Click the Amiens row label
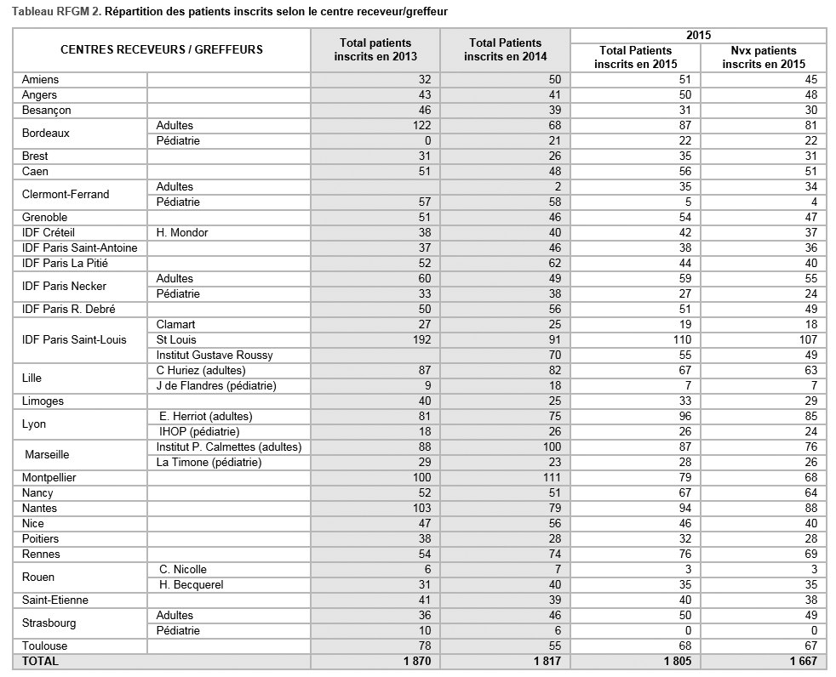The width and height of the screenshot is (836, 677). point(40,79)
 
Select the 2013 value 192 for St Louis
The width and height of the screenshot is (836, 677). point(421,339)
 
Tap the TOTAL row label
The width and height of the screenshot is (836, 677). point(40,661)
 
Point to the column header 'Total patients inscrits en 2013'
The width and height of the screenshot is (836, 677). point(375,49)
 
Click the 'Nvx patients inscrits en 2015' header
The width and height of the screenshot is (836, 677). point(763,57)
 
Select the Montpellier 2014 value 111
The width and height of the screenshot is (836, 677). point(553,477)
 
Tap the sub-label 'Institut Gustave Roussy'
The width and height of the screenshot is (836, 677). point(215,355)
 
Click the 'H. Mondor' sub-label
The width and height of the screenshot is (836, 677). point(182,232)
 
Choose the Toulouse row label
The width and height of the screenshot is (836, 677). point(44,646)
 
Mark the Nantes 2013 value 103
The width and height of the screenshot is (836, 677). point(421,508)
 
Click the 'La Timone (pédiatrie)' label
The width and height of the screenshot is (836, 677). point(209,462)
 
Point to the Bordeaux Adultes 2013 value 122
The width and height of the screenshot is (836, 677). point(421,125)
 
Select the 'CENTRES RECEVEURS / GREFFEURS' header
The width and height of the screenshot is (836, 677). point(162,49)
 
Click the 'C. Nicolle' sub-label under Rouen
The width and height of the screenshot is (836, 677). point(183,569)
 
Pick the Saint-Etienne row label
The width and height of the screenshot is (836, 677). point(54,600)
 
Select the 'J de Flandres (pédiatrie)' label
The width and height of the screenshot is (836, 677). point(216,385)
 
